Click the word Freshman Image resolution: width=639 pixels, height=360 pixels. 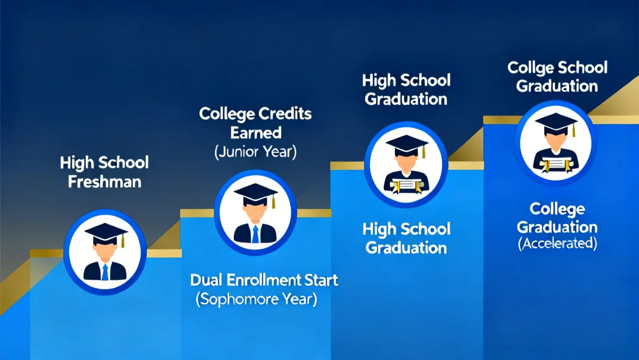click(x=104, y=181)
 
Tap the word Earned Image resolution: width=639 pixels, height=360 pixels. click(x=256, y=133)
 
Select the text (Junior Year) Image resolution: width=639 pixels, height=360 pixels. click(x=256, y=152)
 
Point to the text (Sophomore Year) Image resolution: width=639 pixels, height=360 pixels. click(x=256, y=299)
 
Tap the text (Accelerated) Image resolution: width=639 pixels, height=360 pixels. click(x=557, y=244)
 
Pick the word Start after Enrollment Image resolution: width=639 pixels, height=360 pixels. click(x=322, y=280)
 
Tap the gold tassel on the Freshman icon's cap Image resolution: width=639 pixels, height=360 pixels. click(x=122, y=241)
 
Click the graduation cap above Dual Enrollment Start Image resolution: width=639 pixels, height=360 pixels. click(x=255, y=192)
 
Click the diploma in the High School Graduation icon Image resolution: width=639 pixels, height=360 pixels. click(x=406, y=186)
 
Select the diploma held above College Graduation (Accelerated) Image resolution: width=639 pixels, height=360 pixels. click(x=555, y=164)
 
